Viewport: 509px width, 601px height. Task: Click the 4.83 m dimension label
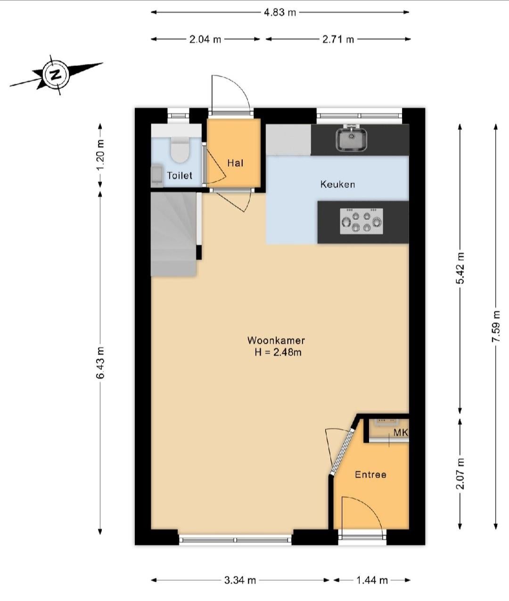point(279,13)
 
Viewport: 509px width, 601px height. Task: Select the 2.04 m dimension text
point(205,39)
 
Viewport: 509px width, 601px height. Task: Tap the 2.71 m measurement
point(338,39)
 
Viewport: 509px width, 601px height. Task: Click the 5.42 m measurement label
point(460,268)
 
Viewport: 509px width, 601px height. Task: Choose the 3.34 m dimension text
point(240,580)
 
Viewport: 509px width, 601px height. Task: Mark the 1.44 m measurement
point(372,580)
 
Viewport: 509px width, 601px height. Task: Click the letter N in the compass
point(55,75)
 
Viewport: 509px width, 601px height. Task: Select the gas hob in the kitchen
point(361,221)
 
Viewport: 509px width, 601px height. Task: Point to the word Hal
point(235,163)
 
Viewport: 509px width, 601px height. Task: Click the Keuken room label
point(337,184)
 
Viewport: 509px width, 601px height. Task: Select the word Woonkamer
point(276,340)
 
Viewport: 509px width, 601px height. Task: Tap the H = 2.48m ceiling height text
point(278,352)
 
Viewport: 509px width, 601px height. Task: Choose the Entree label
point(370,474)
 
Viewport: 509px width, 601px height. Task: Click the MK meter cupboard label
point(401,432)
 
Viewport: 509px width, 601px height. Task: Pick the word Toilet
point(180,175)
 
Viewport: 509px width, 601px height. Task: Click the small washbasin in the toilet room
point(157,175)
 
